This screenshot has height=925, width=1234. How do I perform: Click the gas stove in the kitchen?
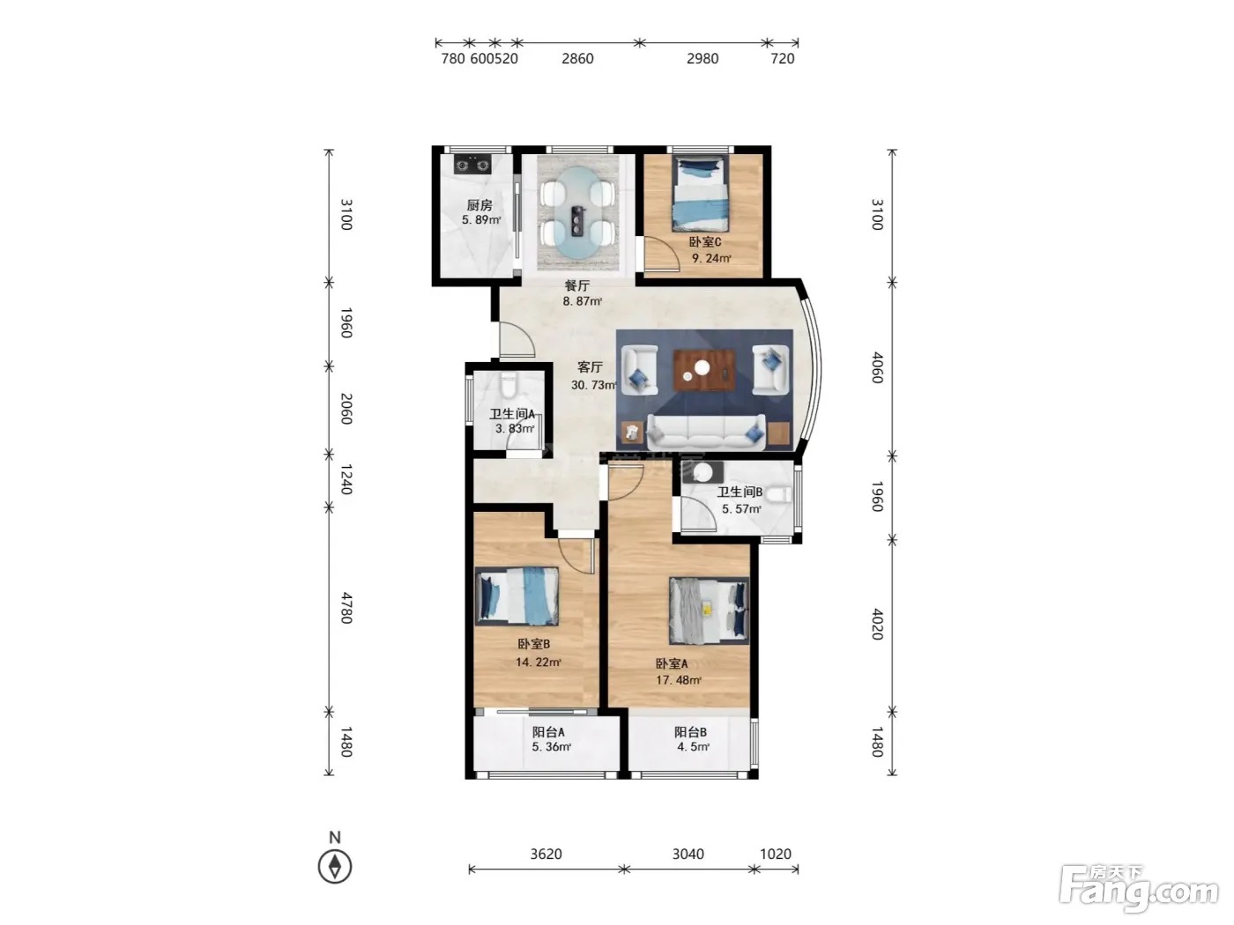472,165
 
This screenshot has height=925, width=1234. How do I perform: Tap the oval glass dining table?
578,213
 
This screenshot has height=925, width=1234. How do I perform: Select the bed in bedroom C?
700,194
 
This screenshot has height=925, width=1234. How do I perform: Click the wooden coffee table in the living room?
704,369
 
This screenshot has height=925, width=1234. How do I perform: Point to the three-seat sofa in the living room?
706,432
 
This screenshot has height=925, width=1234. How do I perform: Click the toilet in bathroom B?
778,495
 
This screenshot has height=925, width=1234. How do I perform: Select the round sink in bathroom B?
702,472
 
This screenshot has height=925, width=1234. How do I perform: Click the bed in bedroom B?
517,596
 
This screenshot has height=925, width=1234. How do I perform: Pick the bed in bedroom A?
709,610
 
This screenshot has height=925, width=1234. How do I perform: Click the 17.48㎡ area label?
678,680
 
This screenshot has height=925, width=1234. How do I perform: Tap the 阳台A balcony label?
548,732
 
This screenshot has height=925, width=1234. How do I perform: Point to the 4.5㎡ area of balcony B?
693,747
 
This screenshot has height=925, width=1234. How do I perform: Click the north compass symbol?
335,866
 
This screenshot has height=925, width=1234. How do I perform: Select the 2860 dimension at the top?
577,58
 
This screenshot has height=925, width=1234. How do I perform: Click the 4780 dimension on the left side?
346,608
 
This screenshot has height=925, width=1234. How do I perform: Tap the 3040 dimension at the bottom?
688,855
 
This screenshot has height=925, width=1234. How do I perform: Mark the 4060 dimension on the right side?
878,368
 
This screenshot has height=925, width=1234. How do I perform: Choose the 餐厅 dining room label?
576,285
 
